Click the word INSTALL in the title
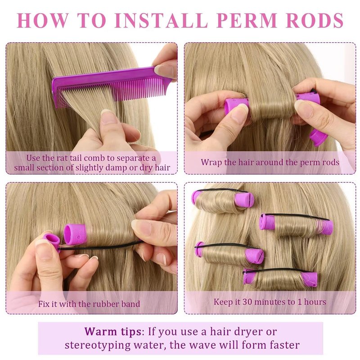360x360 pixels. pos(162,20)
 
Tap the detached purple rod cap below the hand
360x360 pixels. pos(318,137)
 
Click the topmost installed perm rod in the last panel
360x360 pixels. pos(223,200)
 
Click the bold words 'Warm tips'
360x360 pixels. pos(113,332)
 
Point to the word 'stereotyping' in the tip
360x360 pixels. pos(97,345)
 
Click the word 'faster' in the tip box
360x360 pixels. pos(285,345)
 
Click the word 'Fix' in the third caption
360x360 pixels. pos(44,304)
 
